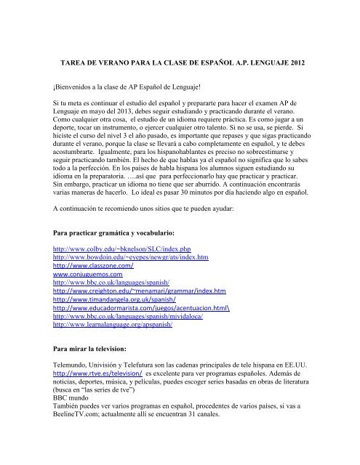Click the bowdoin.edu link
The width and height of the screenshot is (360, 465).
click(121, 258)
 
